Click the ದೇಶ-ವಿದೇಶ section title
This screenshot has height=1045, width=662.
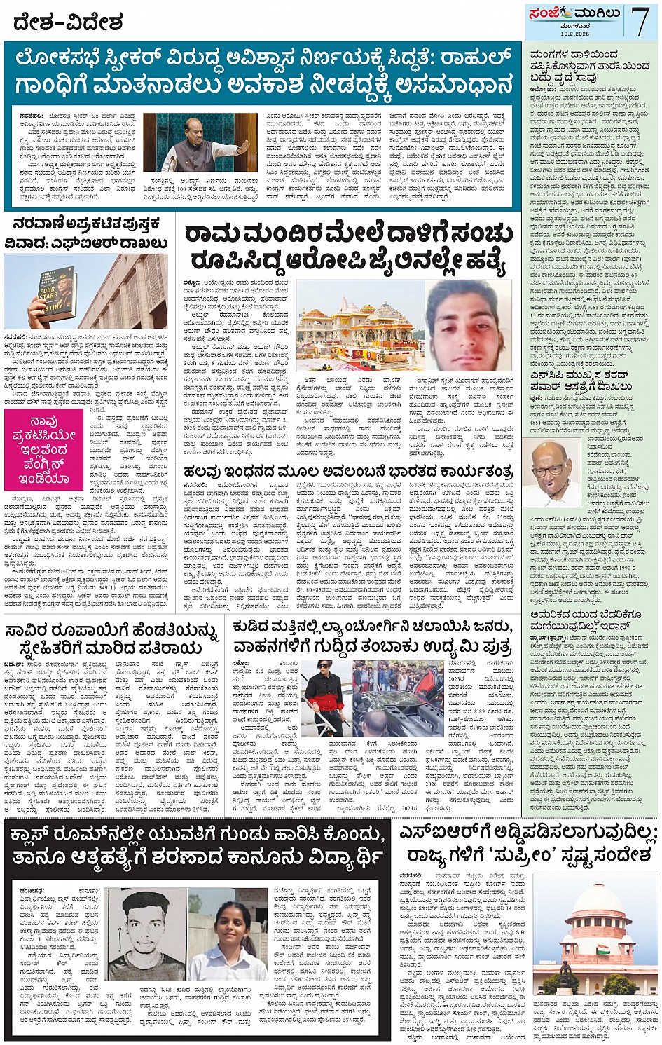(x=67, y=22)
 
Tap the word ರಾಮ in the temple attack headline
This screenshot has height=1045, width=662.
(x=213, y=235)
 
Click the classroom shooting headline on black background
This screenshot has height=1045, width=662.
(x=196, y=845)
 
